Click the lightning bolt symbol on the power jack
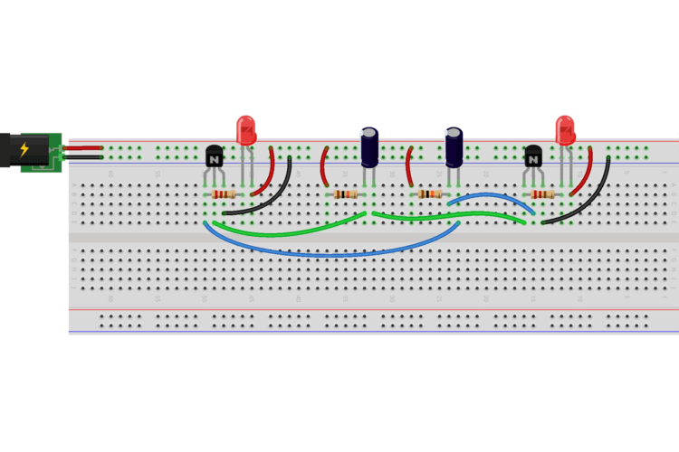pos(24,150)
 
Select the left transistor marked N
pos(215,158)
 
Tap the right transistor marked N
pos(533,158)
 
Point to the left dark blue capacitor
pos(370,147)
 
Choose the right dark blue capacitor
pos(454,146)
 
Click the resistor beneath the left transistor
pos(223,194)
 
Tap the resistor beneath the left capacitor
pos(347,194)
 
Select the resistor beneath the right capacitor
pos(429,194)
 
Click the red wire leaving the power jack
pos(81,146)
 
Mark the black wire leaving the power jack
pos(81,156)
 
